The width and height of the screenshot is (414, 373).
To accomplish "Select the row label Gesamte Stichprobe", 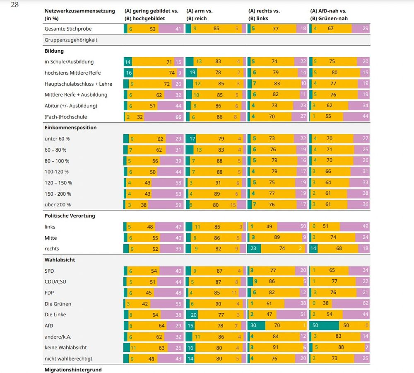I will tap(68, 29).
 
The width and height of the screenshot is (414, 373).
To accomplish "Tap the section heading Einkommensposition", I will tap(70, 128).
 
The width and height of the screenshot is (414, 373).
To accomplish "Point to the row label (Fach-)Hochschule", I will tap(66, 117).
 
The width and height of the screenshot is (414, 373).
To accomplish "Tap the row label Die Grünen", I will tap(58, 304).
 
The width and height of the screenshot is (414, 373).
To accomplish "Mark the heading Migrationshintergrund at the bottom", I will tap(73, 369).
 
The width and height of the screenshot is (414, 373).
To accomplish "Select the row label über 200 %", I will tap(58, 205).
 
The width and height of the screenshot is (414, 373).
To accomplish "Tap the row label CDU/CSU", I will tap(55, 282).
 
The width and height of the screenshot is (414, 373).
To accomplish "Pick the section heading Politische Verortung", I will tap(70, 216).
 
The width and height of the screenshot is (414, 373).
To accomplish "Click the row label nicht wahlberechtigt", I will tap(68, 358).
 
